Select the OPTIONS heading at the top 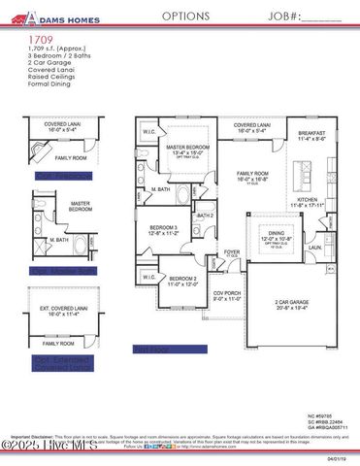coord(185,17)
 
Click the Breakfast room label coord(312,135)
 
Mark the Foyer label coord(232,251)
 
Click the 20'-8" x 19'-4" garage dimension coord(290,309)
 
